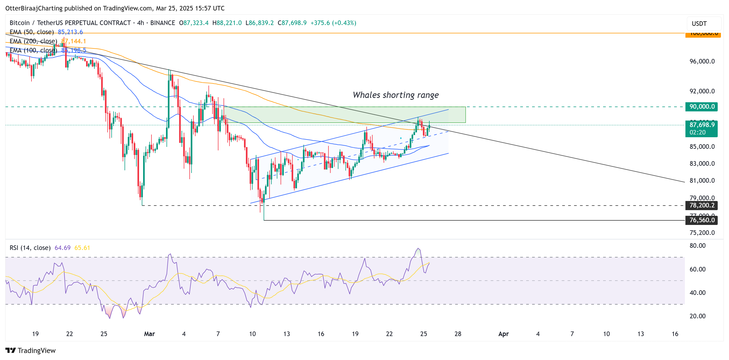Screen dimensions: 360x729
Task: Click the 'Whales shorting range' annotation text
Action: click(395, 95)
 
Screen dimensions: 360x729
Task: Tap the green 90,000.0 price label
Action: click(701, 107)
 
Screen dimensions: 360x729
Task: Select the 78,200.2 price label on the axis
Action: click(701, 206)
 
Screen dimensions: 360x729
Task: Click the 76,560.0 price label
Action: click(701, 220)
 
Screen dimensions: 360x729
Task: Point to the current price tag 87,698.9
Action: click(701, 125)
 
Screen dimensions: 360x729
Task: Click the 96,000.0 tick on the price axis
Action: click(702, 61)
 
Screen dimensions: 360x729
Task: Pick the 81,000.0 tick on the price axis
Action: click(702, 181)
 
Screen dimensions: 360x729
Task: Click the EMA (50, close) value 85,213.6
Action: click(70, 32)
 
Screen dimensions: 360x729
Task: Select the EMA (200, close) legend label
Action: click(33, 41)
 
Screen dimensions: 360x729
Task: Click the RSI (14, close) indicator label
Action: click(30, 248)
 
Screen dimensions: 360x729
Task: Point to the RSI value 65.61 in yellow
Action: click(82, 248)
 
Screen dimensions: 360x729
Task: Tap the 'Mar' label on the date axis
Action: click(149, 334)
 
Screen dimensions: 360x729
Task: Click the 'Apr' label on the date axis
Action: click(504, 334)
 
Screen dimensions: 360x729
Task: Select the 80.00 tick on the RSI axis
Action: click(697, 246)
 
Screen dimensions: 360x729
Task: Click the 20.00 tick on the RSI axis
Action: click(697, 316)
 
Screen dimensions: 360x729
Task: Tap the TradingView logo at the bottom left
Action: click(31, 351)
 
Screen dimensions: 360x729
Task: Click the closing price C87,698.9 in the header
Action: click(292, 23)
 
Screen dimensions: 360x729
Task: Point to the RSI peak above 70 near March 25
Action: click(418, 249)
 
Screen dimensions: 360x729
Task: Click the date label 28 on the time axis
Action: click(458, 334)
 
